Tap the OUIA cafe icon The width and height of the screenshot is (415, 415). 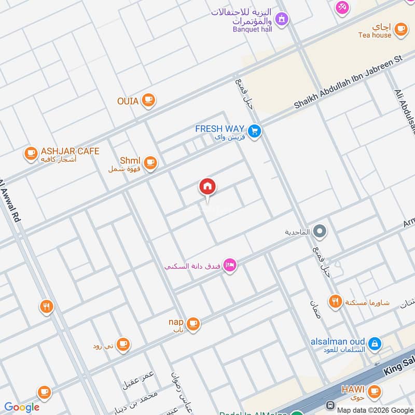[148, 100]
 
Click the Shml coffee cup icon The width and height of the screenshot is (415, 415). [150, 163]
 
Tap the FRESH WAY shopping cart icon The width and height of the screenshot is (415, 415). [254, 131]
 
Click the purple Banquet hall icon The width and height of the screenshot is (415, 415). [281, 20]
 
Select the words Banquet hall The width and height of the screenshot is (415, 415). [253, 30]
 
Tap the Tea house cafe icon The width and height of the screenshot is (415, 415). [400, 30]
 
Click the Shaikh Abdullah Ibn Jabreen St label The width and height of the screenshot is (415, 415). [349, 82]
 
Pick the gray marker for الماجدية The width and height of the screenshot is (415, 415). [320, 231]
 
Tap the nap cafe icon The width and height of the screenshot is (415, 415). [193, 324]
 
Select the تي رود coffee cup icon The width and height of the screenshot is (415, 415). [122, 344]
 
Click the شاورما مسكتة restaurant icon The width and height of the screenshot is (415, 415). [335, 301]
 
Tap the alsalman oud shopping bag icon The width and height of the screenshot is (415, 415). [374, 343]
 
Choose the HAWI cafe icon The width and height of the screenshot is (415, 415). [374, 391]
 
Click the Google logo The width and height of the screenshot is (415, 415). [22, 407]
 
